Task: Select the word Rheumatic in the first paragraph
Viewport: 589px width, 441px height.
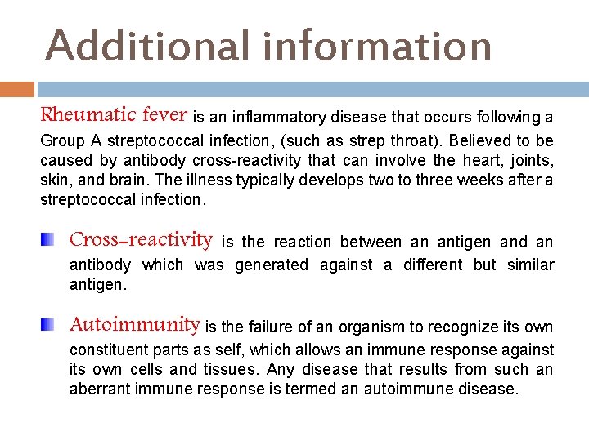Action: pos(89,115)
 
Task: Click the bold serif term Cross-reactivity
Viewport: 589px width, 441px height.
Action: pos(142,240)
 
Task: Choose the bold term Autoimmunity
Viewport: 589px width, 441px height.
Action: pos(135,325)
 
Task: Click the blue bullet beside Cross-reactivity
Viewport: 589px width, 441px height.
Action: pos(51,240)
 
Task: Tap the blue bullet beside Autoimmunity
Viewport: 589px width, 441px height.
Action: pos(51,325)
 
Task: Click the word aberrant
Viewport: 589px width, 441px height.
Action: pos(98,390)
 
